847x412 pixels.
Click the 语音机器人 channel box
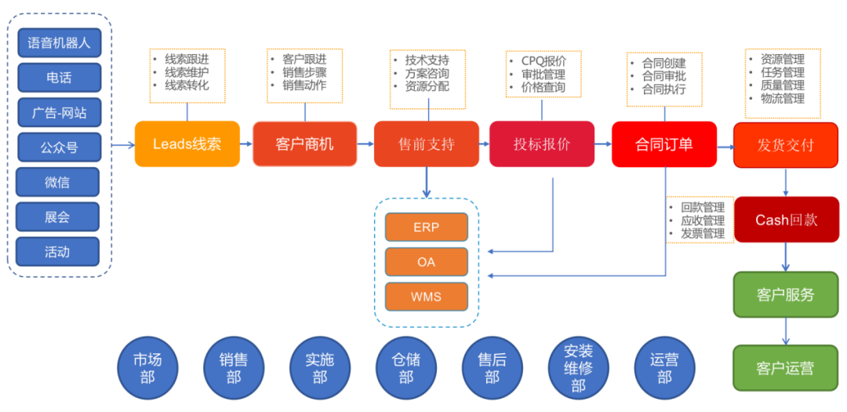coord(59,43)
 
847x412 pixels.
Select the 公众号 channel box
coord(59,148)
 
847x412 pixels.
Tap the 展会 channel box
coord(57,217)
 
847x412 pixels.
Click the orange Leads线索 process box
coord(187,144)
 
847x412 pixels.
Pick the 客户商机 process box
coord(304,144)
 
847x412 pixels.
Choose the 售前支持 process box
coord(426,144)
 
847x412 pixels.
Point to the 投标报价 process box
coord(542,144)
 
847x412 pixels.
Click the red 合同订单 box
coord(663,144)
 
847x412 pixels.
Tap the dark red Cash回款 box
coord(786,220)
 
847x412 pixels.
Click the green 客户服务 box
coord(786,295)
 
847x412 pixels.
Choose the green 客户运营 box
coord(786,368)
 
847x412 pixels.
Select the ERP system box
coord(426,228)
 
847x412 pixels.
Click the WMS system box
coord(426,297)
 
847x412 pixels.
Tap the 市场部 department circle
coord(147,368)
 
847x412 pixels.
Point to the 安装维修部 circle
coord(578,368)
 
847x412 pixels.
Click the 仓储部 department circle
coord(405,368)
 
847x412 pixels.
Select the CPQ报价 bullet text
coord(543,60)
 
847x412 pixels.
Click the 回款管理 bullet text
coord(703,208)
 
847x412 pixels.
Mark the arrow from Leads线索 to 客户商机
coord(245,144)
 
